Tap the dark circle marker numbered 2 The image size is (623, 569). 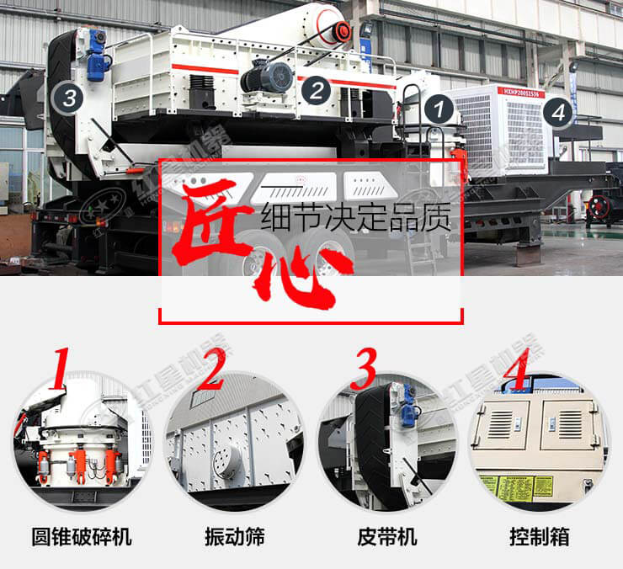(x=314, y=90)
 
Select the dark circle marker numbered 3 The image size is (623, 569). (x=69, y=98)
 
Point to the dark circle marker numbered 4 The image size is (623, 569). (x=557, y=111)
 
